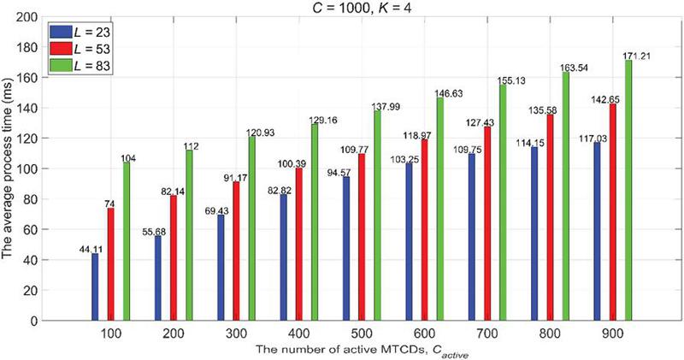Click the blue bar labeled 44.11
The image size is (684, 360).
pos(95,287)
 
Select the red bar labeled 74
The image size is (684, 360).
pos(111,264)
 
